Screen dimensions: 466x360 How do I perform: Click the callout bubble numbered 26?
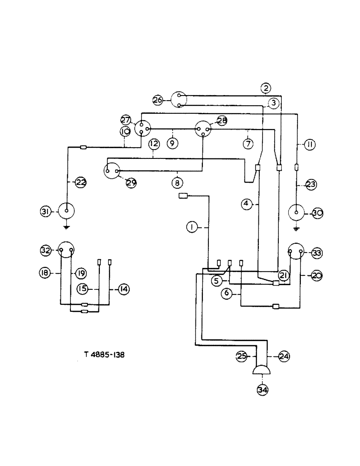tap(158, 99)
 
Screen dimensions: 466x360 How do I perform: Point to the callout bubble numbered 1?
tap(191, 227)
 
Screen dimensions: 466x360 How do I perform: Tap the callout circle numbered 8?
tap(177, 183)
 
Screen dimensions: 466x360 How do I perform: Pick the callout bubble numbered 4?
tap(247, 203)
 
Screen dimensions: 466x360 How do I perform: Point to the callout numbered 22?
tap(81, 183)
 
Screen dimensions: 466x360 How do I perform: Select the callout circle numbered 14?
tap(124, 289)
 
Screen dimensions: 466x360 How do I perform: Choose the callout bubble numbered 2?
tap(265, 88)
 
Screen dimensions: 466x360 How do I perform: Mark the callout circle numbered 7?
tap(248, 144)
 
